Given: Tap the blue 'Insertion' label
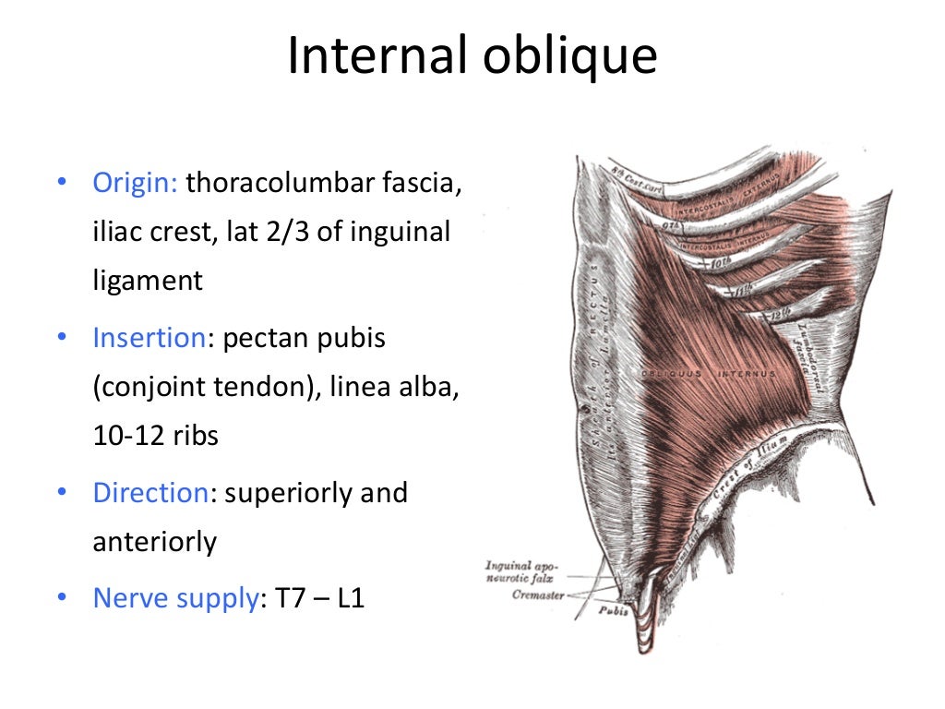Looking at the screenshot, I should pos(148,338).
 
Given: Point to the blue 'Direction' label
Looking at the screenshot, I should pos(150,492).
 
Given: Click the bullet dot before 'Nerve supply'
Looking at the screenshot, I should pos(61,598).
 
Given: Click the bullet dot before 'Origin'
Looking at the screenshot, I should pos(61,182).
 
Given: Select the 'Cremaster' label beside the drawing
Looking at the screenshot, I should pos(537,595).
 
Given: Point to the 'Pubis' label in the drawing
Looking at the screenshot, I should pos(613,610).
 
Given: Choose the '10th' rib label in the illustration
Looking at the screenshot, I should pos(718,263).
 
